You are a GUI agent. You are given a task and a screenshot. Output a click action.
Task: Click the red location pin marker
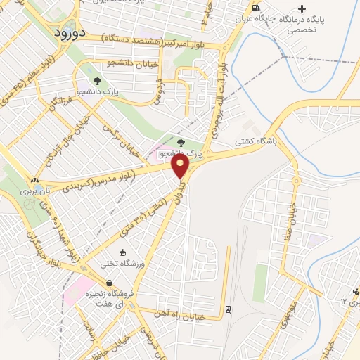tap(181, 166)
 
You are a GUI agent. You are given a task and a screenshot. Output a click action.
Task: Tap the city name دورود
tap(69, 32)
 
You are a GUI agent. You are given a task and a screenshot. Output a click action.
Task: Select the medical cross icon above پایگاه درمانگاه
tap(302, 8)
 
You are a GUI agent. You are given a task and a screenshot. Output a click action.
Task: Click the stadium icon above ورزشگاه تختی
tap(123, 252)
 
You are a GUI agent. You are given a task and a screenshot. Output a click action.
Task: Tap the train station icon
tap(228, 309)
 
